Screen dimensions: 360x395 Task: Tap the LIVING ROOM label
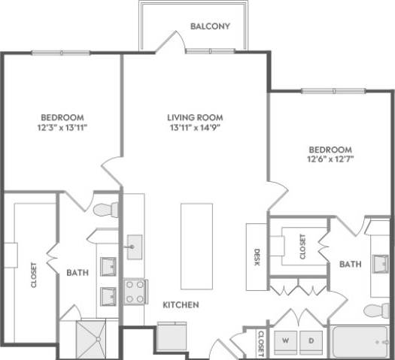195,118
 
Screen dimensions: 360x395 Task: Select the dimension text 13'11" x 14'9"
195,129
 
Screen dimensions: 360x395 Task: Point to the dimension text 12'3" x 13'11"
62,128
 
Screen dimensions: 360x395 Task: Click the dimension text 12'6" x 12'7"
330,159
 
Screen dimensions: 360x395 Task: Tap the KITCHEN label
181,305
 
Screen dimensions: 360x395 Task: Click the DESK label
257,258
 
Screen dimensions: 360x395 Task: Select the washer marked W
286,340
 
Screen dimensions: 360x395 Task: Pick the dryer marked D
311,340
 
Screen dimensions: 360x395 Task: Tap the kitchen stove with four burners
135,292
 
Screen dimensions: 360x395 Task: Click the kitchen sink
135,246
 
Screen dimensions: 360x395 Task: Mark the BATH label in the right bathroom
350,264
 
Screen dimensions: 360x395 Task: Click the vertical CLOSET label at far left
34,274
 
